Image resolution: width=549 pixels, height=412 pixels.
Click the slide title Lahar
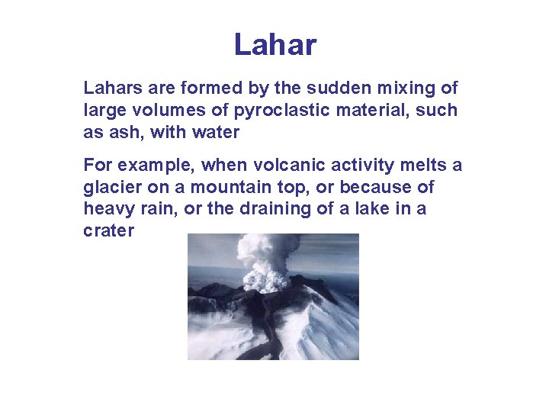point(274,45)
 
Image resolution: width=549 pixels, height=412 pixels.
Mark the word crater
point(108,230)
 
